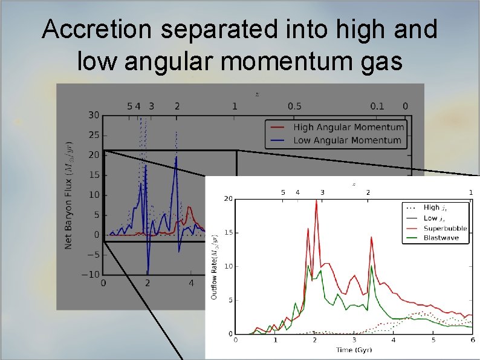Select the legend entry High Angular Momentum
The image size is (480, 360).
pos(348,127)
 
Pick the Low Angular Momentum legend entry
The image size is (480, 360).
pos(347,140)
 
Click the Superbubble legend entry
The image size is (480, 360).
pos(445,228)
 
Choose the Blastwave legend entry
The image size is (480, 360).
pos(442,238)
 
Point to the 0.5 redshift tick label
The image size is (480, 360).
pos(294,106)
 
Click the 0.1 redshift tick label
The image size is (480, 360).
pos(377,106)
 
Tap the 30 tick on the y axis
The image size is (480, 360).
pos(93,115)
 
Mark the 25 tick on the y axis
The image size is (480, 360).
pos(93,135)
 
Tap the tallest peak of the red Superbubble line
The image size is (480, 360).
pos(316,201)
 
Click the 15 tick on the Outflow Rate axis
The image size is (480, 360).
pos(227,232)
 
